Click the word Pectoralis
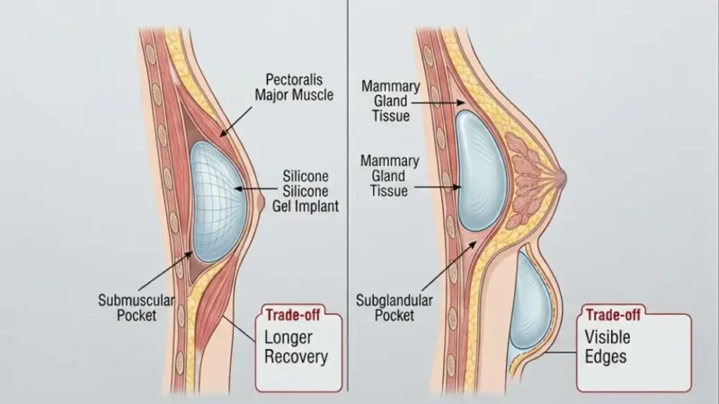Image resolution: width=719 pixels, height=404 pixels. pos(294,80)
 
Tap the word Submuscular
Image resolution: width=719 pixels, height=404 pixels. pos(137,301)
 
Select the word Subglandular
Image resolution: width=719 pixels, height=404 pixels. pos(395,301)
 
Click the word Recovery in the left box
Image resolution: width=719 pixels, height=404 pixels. pos(297,356)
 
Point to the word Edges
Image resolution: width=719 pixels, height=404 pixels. pos(605,356)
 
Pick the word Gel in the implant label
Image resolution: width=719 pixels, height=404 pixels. pos(284,206)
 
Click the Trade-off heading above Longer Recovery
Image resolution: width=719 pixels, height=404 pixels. pos(293,315)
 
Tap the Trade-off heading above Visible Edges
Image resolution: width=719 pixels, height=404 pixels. pos(613,315)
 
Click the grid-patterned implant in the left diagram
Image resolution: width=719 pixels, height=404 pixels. pos(218,202)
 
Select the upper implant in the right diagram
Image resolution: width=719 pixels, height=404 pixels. pos(481,171)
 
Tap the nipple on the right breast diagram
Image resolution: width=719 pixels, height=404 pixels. pos(563,178)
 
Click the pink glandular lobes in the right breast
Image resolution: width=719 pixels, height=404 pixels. pos(528,179)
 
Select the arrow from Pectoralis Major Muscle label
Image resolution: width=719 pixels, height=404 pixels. pos(235,122)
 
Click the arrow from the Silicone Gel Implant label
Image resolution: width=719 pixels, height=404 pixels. pos(256,189)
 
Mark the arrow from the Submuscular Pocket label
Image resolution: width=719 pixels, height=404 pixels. pos(165,272)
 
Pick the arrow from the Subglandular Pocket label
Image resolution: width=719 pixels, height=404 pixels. pos(448,267)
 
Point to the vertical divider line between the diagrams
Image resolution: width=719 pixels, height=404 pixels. pos(347,196)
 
